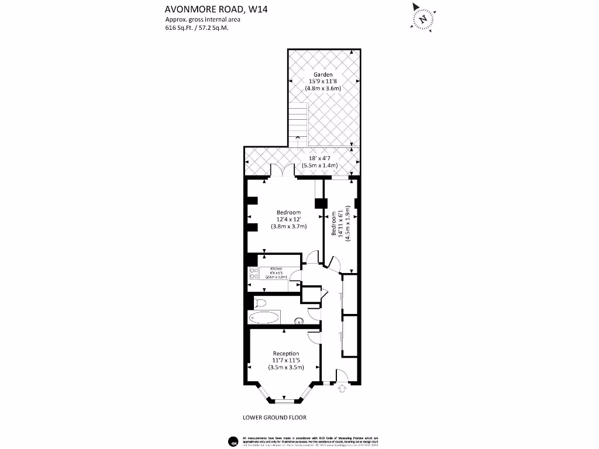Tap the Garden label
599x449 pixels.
(323, 74)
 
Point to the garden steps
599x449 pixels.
(298, 120)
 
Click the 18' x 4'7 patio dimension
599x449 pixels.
(319, 158)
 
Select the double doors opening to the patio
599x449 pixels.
(281, 172)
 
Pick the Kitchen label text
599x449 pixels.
(276, 269)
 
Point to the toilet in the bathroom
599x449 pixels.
(260, 302)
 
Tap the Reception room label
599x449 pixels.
(286, 353)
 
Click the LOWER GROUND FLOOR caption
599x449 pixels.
(274, 417)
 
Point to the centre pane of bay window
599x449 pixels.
(285, 401)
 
